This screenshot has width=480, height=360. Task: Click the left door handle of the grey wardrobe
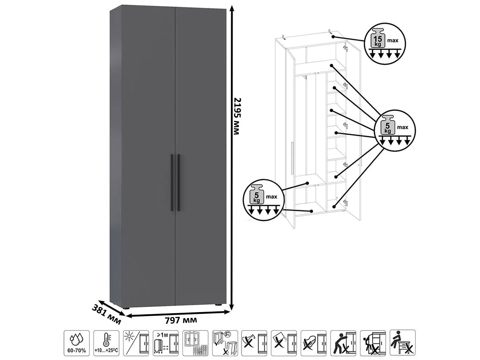[172, 182]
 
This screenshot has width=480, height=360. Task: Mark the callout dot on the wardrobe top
[333, 36]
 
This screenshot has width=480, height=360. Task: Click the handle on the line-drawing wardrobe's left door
[292, 153]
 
